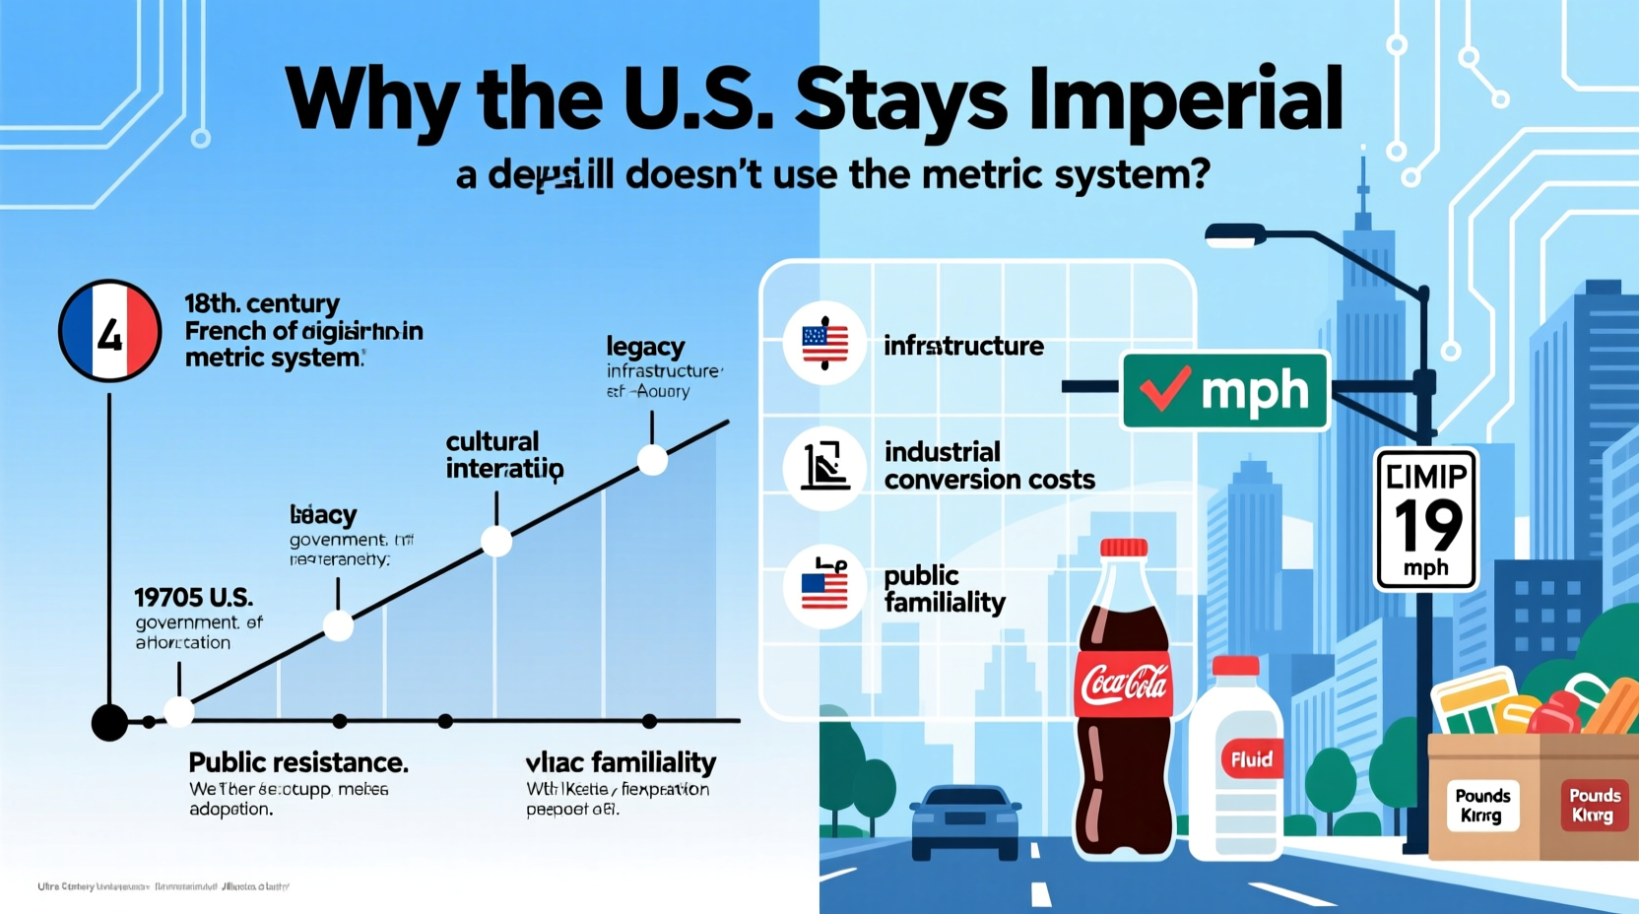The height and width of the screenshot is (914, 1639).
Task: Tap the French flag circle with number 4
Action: [109, 332]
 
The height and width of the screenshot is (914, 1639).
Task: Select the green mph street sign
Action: [1225, 391]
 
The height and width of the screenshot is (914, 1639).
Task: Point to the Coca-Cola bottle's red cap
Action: [1124, 548]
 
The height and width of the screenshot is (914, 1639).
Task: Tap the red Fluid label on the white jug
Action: [1251, 759]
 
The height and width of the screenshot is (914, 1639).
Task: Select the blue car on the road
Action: [965, 819]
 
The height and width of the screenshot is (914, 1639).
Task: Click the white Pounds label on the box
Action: [1481, 805]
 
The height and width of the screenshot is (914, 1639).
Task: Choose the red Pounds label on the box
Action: [1594, 805]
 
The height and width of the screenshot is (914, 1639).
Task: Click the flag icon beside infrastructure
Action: [824, 344]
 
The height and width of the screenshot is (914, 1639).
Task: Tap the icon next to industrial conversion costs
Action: [824, 467]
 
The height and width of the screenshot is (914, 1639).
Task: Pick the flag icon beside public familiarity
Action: [824, 587]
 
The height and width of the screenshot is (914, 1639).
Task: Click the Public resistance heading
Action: [297, 762]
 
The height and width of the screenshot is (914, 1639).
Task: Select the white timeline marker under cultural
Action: [496, 541]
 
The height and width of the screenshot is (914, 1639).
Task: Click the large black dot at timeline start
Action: [109, 722]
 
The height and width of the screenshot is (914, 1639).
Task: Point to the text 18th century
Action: [262, 303]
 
